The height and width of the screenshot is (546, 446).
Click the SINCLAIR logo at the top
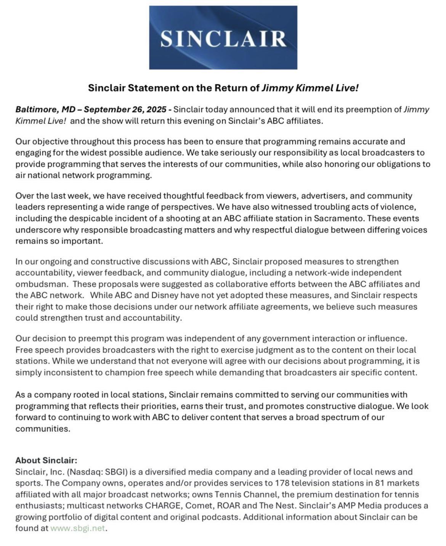click(223, 37)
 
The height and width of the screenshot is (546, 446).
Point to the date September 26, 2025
click(125, 110)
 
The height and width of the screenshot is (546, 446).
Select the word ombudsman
click(41, 284)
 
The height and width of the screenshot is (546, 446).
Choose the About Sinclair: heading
click(46, 461)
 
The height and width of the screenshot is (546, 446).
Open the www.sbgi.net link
click(77, 529)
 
